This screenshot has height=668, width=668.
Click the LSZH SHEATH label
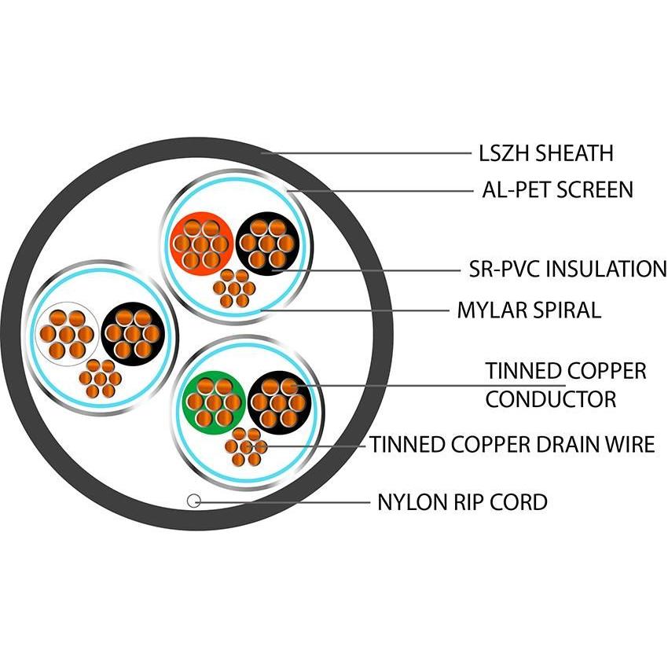pos(545,152)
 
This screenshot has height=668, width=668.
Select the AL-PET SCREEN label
pos(556,189)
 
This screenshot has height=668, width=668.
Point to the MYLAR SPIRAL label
pos(529,310)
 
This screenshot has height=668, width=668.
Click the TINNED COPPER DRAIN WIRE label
pos(512,445)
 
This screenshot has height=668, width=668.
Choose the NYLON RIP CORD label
pos(462,501)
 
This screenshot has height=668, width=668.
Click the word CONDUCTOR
pos(550,399)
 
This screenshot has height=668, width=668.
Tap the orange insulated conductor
pos(202,244)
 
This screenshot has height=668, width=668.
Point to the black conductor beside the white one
pos(133,333)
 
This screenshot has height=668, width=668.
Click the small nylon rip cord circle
pos(193,501)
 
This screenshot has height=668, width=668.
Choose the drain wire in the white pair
pos(100,378)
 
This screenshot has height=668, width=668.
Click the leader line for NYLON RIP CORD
pos(283,501)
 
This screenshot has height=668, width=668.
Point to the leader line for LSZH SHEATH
pos(369,152)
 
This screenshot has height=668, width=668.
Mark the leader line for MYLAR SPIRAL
pos(362,310)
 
